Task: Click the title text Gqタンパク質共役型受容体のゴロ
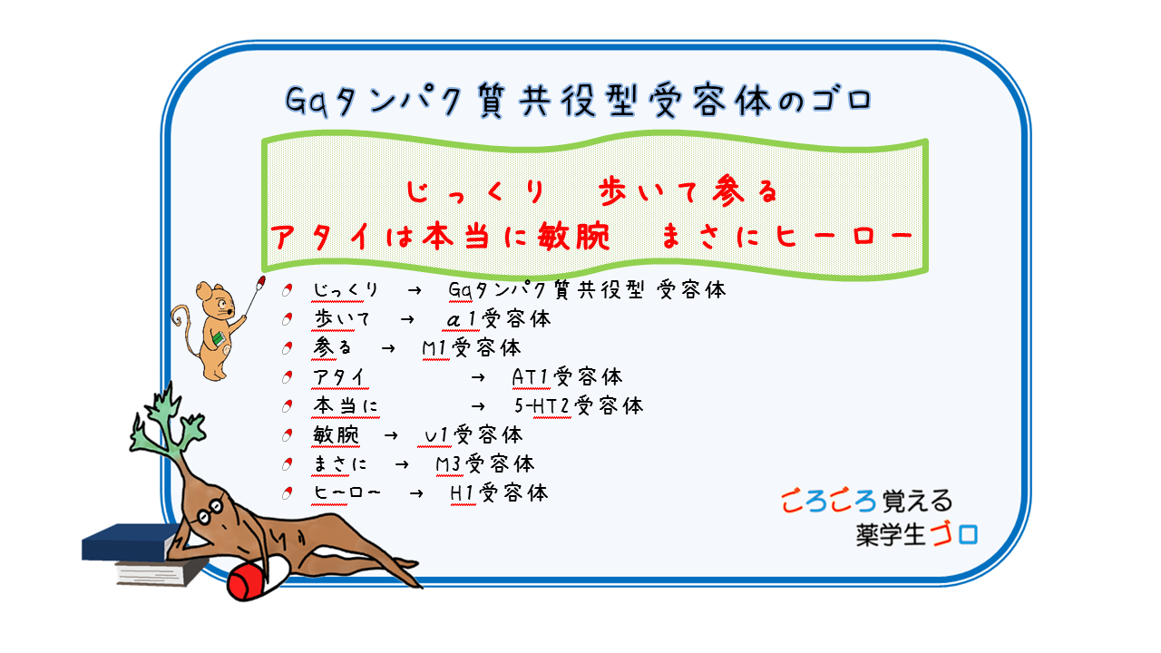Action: tap(579, 101)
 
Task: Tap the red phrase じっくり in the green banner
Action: tap(475, 192)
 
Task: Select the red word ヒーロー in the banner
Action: tap(844, 237)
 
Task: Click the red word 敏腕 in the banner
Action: tap(574, 237)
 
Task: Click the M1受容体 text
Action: tap(472, 347)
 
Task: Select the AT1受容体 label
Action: tap(567, 376)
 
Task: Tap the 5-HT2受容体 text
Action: tap(579, 405)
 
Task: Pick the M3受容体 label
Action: tap(485, 463)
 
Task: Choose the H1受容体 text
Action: tap(499, 492)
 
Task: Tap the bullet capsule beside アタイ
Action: tap(288, 377)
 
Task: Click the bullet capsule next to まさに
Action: tap(288, 464)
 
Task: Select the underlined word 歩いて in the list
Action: tap(342, 318)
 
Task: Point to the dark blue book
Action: tap(131, 541)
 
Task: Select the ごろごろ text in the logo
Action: tap(828, 502)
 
